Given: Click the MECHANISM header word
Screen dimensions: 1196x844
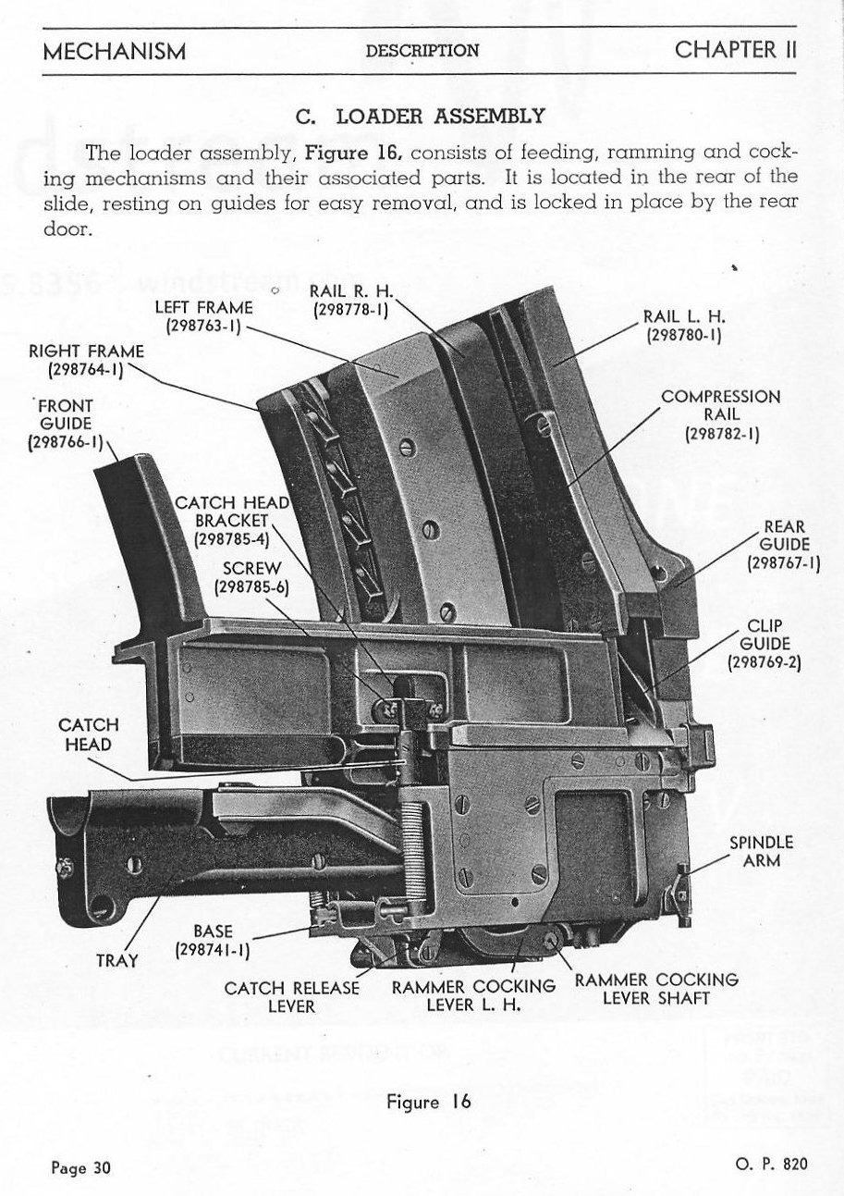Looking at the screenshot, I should [114, 50].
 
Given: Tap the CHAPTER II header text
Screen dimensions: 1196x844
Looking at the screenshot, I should [735, 49].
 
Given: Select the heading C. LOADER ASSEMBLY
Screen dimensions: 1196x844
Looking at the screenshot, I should [420, 117].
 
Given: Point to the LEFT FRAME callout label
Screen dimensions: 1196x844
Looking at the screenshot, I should [202, 316].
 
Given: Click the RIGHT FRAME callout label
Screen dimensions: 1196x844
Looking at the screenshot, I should [86, 361].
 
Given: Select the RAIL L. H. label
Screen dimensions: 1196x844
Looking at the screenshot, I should [683, 327].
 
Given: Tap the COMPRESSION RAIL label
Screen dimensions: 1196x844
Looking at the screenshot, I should [721, 414].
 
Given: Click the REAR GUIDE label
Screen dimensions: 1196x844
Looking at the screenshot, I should [784, 545].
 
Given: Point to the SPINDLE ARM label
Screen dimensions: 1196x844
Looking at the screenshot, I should [761, 852].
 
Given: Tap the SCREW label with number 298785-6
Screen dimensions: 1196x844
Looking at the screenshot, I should [251, 576].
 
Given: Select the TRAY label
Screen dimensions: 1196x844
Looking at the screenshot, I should [117, 960].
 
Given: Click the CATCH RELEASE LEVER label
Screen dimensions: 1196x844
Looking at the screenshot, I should [291, 996].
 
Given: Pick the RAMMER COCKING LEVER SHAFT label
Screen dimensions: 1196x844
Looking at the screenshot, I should [656, 988].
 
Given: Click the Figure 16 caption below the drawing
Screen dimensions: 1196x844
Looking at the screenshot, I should [429, 1102].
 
